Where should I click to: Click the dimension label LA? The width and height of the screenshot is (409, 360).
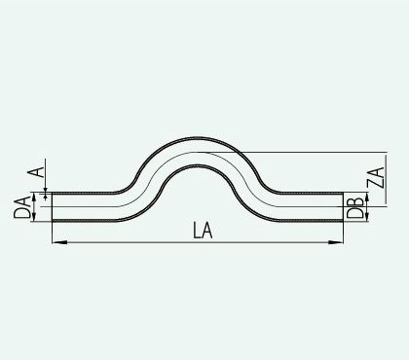tap(203, 231)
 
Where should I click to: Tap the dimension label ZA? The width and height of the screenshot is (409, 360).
tap(376, 177)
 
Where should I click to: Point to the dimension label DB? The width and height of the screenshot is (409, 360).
tap(355, 207)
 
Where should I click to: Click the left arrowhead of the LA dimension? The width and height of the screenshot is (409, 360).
tap(59, 242)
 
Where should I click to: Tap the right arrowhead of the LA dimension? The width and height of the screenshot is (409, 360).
tap(336, 242)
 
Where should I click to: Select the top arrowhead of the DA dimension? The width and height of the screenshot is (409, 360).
tap(33, 197)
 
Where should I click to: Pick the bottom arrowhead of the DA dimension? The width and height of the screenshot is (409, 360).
tap(33, 217)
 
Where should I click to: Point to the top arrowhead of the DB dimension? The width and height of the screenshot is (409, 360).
tap(367, 197)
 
